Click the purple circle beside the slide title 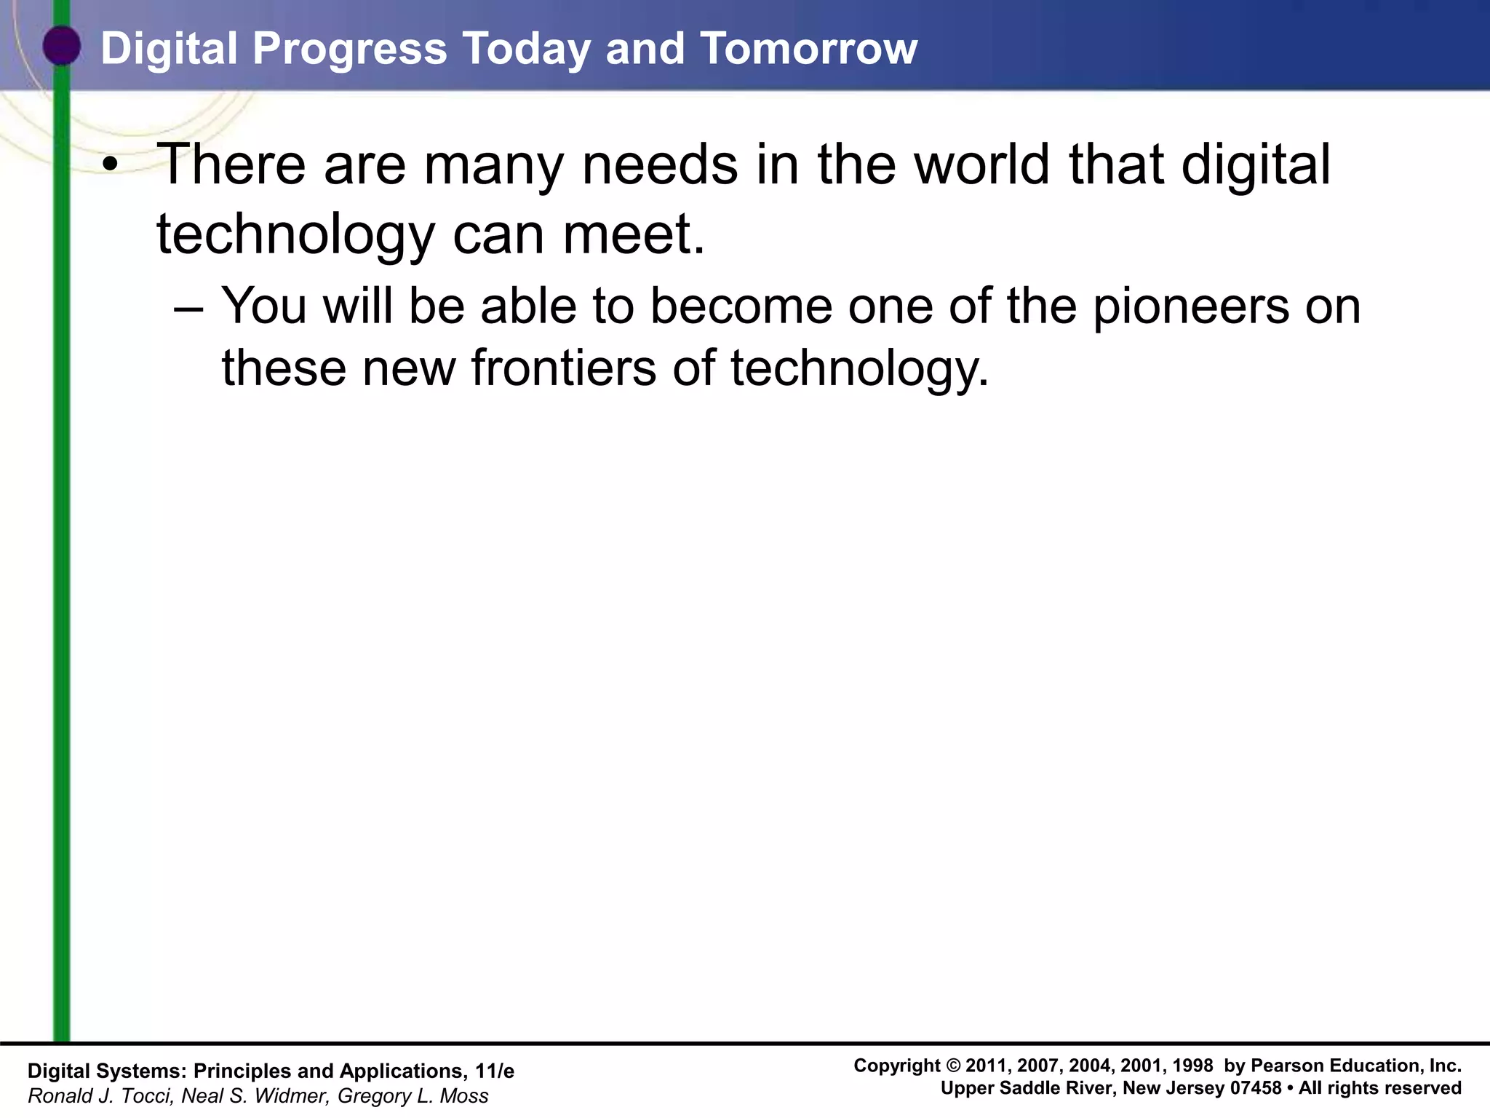62,46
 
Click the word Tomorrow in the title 808,49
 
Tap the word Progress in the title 349,49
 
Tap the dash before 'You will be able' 189,307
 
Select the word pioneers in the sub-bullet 1191,307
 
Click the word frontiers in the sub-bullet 564,368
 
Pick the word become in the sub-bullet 741,306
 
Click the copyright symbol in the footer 952,1066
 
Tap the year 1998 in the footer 1192,1066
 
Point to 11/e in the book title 494,1071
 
